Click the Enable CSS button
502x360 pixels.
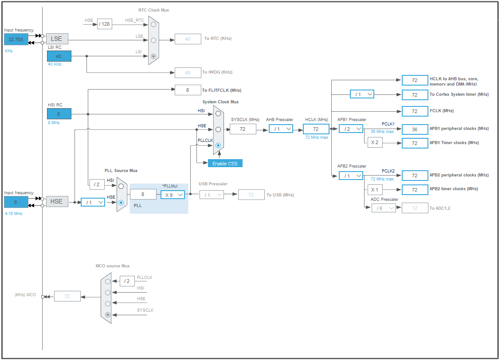tap(225, 163)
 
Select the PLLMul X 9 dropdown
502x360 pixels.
tap(173, 195)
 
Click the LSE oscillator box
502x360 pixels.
tap(57, 39)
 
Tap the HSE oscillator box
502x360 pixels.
tap(57, 202)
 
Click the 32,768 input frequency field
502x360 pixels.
tap(16, 39)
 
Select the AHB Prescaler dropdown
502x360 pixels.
tap(281, 129)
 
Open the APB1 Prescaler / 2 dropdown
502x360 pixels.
tap(351, 129)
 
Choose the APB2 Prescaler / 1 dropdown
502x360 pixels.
tap(351, 176)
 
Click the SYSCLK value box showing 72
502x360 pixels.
tap(243, 129)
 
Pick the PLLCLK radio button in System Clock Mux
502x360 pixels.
tap(218, 145)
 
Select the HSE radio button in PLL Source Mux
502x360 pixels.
tap(121, 202)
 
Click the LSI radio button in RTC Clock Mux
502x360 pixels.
tap(153, 56)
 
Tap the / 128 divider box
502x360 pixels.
tap(105, 24)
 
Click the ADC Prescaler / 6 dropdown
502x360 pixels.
tap(384, 208)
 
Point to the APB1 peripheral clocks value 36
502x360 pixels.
tap(415, 129)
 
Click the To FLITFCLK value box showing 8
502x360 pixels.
tap(188, 90)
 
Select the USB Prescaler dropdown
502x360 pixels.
tap(212, 195)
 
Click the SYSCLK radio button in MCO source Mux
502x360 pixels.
tap(107, 315)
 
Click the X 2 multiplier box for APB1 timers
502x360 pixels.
tap(375, 143)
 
